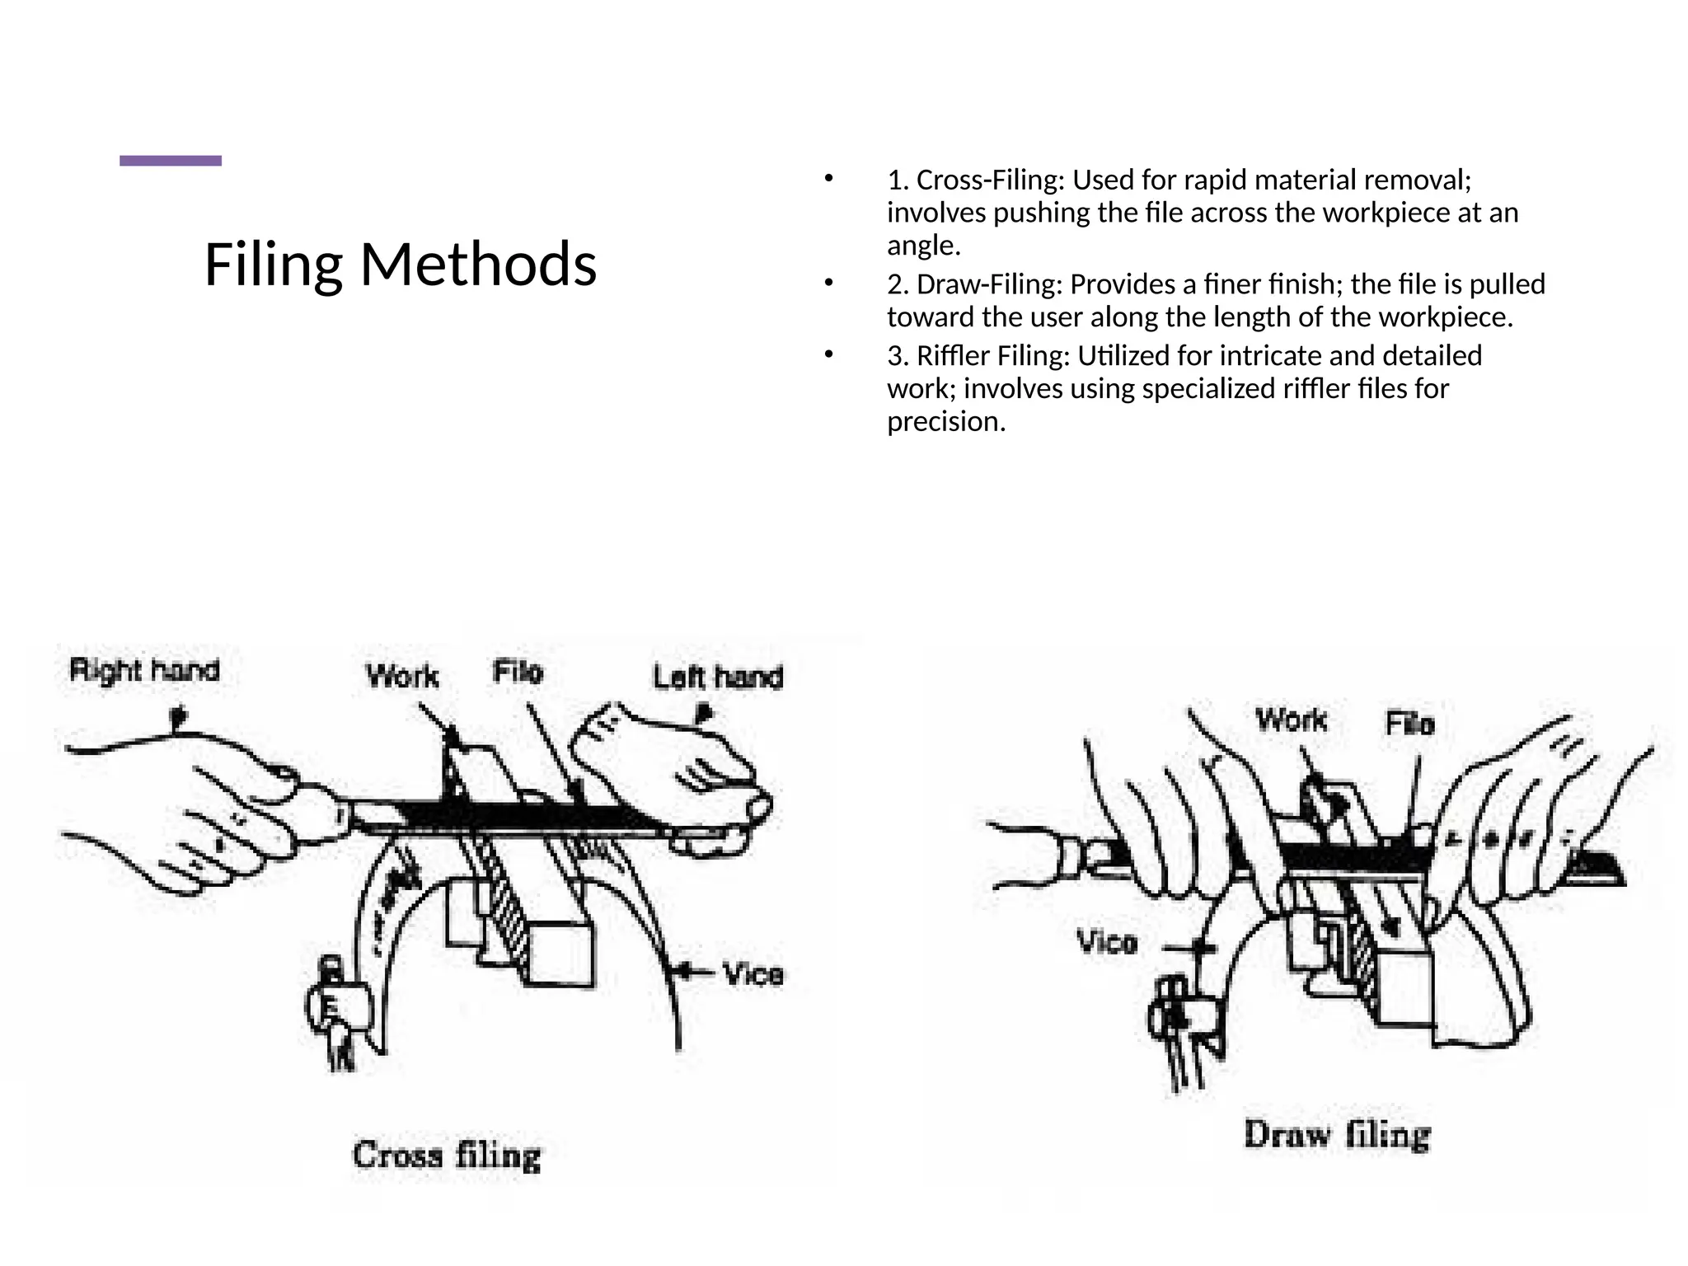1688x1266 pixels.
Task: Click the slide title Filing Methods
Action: click(400, 265)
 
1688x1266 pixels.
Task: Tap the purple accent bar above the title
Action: click(171, 161)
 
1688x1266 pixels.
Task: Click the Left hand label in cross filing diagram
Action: click(718, 677)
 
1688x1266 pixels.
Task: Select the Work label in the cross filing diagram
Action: click(402, 677)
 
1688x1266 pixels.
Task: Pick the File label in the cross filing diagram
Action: click(518, 672)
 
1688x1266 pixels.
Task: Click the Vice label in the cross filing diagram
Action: click(753, 974)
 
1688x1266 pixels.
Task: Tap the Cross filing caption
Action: click(447, 1155)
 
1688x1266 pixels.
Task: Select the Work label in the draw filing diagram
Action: click(1291, 720)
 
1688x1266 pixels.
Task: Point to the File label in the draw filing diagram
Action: click(1409, 724)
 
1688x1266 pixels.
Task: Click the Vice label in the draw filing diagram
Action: click(1107, 941)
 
